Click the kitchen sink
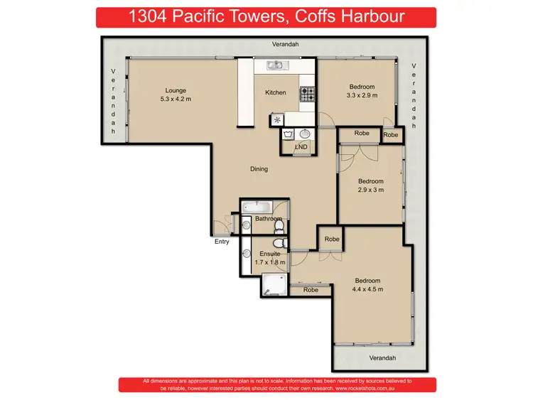point(275,65)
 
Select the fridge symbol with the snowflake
point(276,120)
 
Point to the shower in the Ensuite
point(272,286)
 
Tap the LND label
point(301,147)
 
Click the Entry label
point(222,242)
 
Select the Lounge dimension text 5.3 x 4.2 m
point(175,99)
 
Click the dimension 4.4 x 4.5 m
point(367,289)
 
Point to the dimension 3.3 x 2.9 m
point(361,95)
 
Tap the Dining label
point(259,169)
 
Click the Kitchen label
point(275,92)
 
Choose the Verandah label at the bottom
point(382,357)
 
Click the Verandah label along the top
point(285,44)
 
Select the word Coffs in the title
point(293,17)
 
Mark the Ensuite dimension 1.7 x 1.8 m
point(270,262)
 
